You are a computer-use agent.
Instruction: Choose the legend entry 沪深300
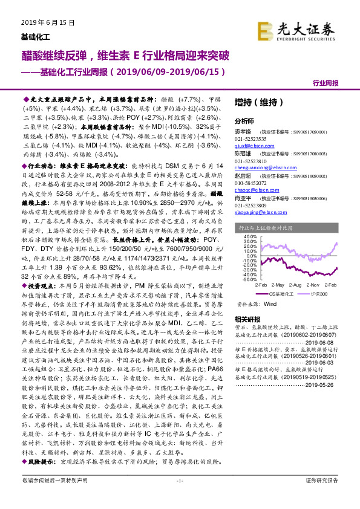click(319, 291)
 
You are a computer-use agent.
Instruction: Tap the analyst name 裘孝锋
click(244, 131)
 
